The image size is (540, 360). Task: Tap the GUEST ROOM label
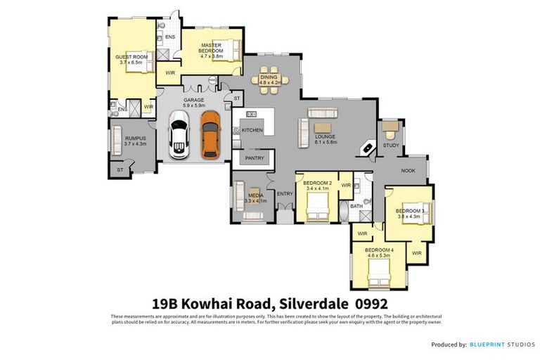click(x=131, y=57)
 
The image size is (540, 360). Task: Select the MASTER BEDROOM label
click(x=211, y=49)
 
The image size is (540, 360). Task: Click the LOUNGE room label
click(x=325, y=136)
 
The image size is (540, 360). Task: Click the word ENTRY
click(x=285, y=193)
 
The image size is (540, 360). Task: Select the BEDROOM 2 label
click(x=318, y=183)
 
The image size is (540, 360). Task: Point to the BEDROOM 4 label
click(x=379, y=250)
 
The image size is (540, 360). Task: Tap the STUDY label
click(x=390, y=146)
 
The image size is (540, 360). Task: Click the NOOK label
click(x=408, y=171)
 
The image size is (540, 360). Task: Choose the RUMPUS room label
click(x=134, y=138)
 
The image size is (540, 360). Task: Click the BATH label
click(x=356, y=206)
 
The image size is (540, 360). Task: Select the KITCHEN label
click(x=252, y=130)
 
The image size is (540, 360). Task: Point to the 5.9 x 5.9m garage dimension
click(x=193, y=105)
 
